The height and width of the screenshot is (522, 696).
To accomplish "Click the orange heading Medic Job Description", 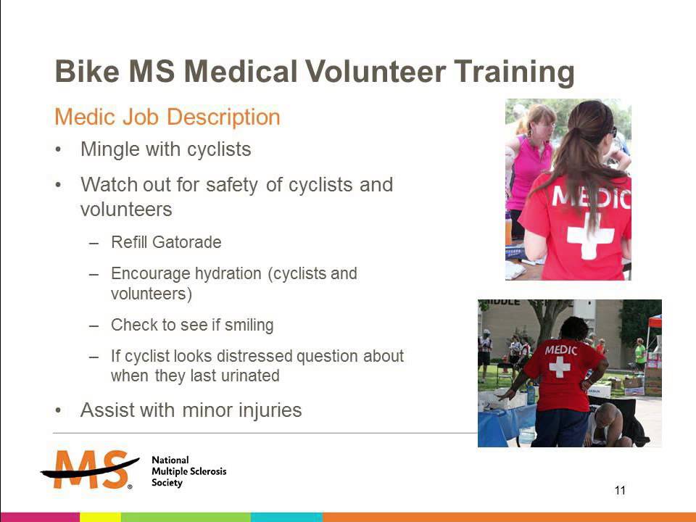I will point(167,117).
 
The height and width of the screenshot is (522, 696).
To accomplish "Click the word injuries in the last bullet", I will point(270,410).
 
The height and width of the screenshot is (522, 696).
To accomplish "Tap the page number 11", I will point(620,491).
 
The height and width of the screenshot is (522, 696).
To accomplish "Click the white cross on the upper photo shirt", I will point(590,236).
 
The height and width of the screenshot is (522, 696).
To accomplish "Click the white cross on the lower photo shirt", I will point(559,367).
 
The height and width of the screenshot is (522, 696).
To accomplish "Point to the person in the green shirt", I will point(640,354).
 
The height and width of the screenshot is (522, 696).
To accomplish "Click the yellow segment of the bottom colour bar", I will point(99,517).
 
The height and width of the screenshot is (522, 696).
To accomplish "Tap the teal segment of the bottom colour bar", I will point(286,517).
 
